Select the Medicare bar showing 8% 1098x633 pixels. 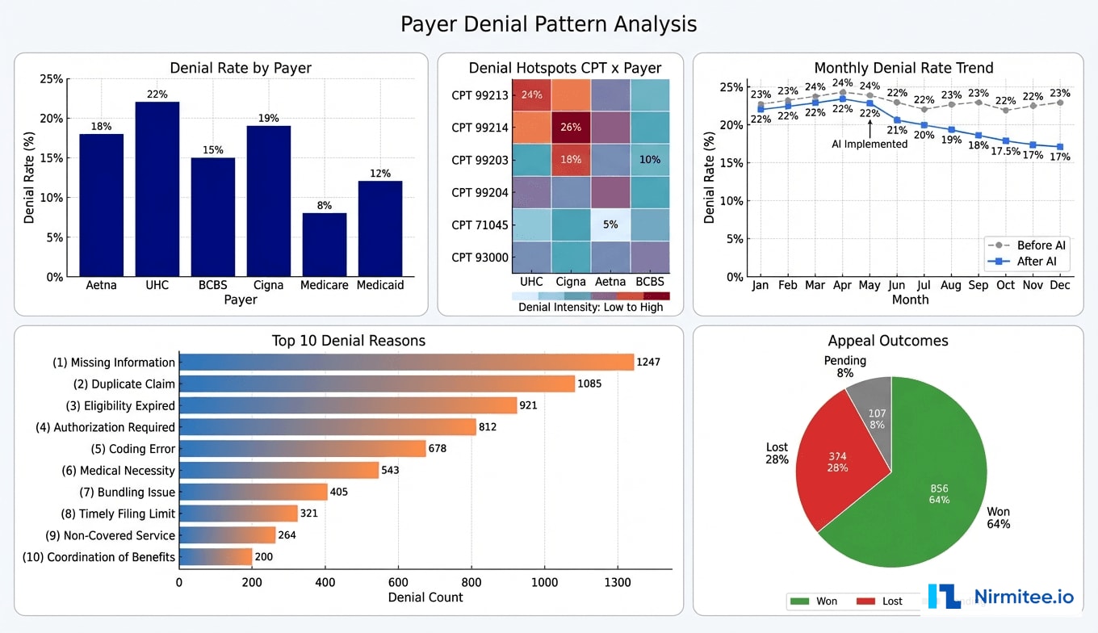click(324, 245)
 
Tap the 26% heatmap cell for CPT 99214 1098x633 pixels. click(572, 127)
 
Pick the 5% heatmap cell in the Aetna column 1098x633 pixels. click(610, 225)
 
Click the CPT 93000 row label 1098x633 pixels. click(480, 258)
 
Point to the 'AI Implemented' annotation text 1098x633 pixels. click(870, 144)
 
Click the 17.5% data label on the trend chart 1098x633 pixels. click(1006, 151)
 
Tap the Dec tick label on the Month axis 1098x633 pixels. click(1061, 285)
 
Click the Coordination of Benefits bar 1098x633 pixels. click(216, 557)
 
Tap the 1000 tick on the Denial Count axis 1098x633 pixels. click(544, 582)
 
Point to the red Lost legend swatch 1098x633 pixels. click(866, 601)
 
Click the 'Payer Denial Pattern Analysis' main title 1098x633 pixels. click(548, 24)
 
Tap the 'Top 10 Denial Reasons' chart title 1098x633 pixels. click(348, 341)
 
